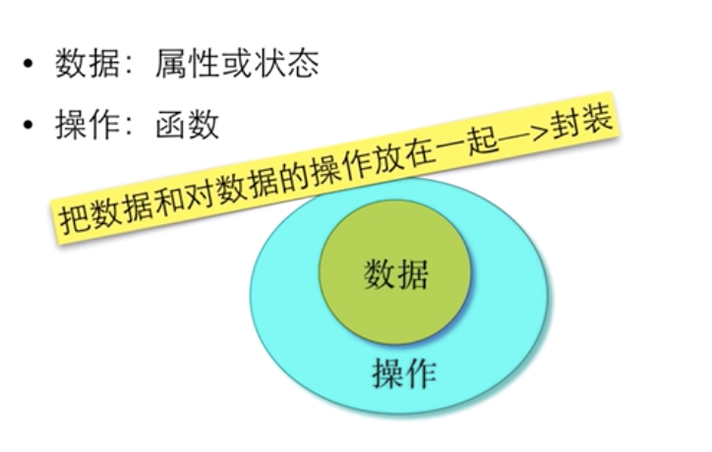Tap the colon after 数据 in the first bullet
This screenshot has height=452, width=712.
(126, 68)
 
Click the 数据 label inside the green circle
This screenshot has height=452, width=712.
(395, 274)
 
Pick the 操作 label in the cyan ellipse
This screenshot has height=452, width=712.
(403, 372)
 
